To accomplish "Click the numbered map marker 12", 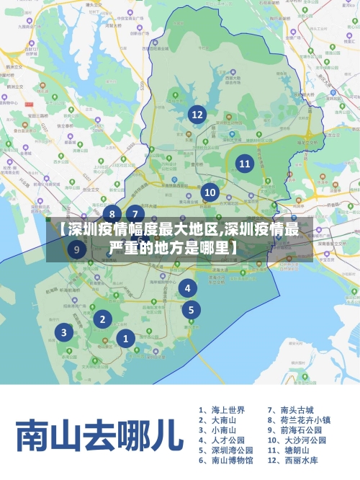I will pos(197,114).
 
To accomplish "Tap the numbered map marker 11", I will pos(245,164).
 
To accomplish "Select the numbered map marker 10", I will pos(210,192).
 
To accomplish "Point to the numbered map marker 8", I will pos(112,213).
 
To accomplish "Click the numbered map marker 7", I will pos(135,213).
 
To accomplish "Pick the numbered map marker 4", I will pos(188,288).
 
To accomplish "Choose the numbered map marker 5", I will pos(191,311).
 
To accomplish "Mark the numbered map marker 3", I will pos(64,332).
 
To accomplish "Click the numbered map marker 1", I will pos(125,338).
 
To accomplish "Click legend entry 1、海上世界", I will pos(222,409).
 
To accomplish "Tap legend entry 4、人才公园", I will pos(222,440).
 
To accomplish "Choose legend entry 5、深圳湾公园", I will pos(226,450).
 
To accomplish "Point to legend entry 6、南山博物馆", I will pos(226,460).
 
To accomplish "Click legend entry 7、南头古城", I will pos(291,409).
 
